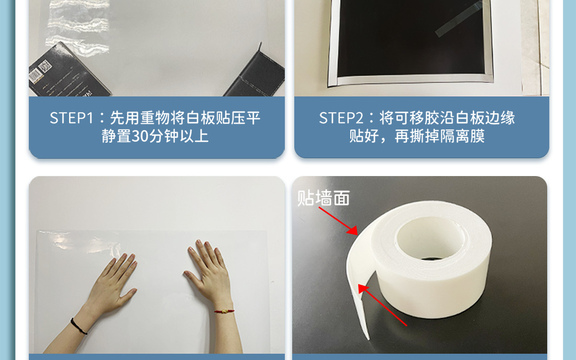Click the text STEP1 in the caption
[x=72, y=118]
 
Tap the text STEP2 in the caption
[x=341, y=118]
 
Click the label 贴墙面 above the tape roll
[x=323, y=198]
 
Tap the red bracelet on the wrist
[x=224, y=311]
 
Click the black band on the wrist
[x=79, y=326]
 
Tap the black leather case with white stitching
[x=257, y=75]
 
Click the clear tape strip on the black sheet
[x=459, y=18]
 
